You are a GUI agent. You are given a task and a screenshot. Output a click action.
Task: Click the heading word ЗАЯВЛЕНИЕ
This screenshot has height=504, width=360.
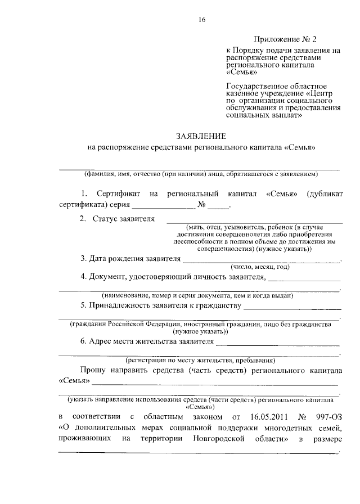[x=201, y=136]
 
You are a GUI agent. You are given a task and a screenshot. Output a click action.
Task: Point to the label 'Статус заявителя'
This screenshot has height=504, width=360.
[x=123, y=218]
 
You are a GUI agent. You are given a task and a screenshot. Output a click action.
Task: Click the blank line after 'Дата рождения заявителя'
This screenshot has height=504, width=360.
[x=262, y=260]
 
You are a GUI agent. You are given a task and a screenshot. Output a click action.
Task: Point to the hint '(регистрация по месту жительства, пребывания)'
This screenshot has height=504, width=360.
[x=200, y=360]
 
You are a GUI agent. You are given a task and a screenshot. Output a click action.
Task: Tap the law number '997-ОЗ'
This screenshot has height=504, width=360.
[x=327, y=417]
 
